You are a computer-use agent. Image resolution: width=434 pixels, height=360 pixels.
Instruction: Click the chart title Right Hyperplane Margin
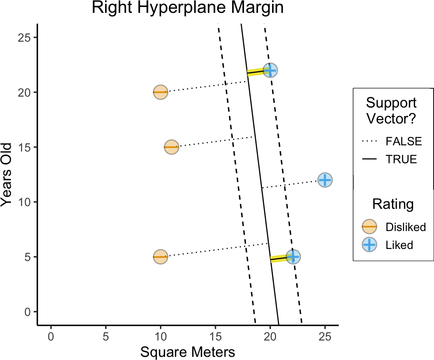coord(188,9)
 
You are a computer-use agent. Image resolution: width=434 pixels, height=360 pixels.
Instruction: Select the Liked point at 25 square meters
coord(325,180)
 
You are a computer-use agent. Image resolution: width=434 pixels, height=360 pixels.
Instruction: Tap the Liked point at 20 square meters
coord(270,71)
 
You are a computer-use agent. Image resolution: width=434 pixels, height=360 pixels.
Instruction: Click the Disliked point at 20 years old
coord(160,92)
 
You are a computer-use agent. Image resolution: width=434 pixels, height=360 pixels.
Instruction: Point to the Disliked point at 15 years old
coord(171,147)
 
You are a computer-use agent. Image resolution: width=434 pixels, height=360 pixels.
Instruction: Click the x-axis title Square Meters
coord(188,352)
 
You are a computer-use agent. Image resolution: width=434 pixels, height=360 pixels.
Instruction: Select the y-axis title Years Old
coord(7,175)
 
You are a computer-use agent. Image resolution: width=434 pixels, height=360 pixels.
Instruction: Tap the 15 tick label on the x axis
coord(215,335)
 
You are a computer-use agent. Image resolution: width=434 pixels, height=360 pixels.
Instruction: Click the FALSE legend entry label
coord(404,141)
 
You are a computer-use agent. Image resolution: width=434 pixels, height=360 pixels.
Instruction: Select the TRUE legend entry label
coord(401,159)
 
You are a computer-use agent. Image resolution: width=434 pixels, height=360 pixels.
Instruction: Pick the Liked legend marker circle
coord(369,245)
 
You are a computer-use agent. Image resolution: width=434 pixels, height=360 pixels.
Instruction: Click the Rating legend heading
coord(393,204)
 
